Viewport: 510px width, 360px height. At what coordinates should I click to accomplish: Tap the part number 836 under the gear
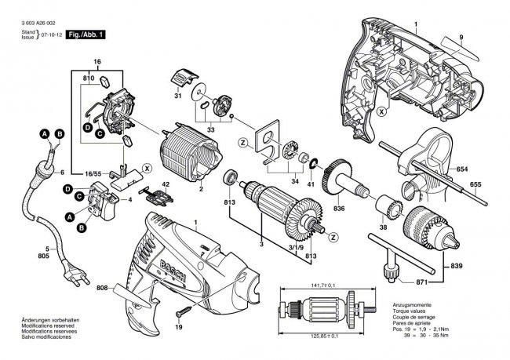point(339,208)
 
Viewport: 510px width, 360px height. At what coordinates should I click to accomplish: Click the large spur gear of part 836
point(342,172)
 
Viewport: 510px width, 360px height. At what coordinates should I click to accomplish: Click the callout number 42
point(166,185)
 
